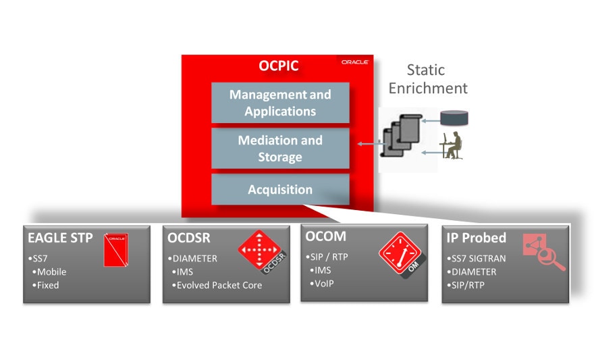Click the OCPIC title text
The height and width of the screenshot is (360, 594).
tap(279, 66)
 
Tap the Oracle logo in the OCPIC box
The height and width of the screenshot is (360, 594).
tap(354, 61)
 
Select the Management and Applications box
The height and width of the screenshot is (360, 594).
tap(280, 103)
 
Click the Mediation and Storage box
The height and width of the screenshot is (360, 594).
tap(280, 149)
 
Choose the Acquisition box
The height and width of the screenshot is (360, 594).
tap(280, 190)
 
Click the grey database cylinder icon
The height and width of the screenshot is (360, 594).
tap(454, 119)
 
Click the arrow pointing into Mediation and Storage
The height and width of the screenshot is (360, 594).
tap(368, 143)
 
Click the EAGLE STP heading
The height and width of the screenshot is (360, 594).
tap(56, 238)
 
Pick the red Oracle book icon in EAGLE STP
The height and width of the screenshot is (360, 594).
tap(116, 249)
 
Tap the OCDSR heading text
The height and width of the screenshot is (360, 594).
tap(188, 238)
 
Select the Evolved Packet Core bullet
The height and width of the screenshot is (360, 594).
tap(219, 285)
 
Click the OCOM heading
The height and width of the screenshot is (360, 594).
tap(325, 236)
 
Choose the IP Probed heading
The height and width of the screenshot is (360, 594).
tap(476, 238)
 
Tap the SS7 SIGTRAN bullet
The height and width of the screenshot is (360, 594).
tap(477, 259)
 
